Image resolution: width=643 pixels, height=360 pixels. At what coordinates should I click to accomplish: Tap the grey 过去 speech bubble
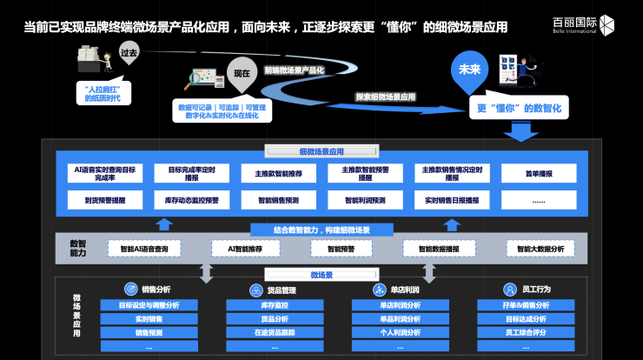(x=129, y=52)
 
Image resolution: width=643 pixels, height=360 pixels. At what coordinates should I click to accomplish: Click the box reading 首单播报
(x=539, y=173)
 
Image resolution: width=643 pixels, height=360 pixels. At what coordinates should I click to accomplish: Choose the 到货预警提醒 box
(x=105, y=200)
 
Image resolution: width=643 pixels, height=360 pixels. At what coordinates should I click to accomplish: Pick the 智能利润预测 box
(x=364, y=200)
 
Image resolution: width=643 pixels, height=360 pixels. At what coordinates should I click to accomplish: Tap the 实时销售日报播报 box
(x=452, y=200)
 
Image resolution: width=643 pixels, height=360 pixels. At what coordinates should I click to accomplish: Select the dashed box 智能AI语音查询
(x=144, y=249)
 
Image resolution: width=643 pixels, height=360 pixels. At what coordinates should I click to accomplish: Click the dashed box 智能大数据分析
(x=540, y=249)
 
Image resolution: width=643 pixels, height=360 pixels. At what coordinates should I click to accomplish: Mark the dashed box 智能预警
(x=341, y=249)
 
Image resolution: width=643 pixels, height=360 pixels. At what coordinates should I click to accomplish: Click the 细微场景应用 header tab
(x=321, y=151)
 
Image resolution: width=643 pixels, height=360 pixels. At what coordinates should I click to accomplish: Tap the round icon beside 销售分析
(x=129, y=290)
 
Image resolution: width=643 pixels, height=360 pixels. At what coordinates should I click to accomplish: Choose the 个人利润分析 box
(x=400, y=332)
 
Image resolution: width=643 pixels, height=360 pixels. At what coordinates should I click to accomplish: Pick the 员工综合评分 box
(x=526, y=332)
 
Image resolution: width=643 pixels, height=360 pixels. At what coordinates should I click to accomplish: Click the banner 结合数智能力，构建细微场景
(x=321, y=230)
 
